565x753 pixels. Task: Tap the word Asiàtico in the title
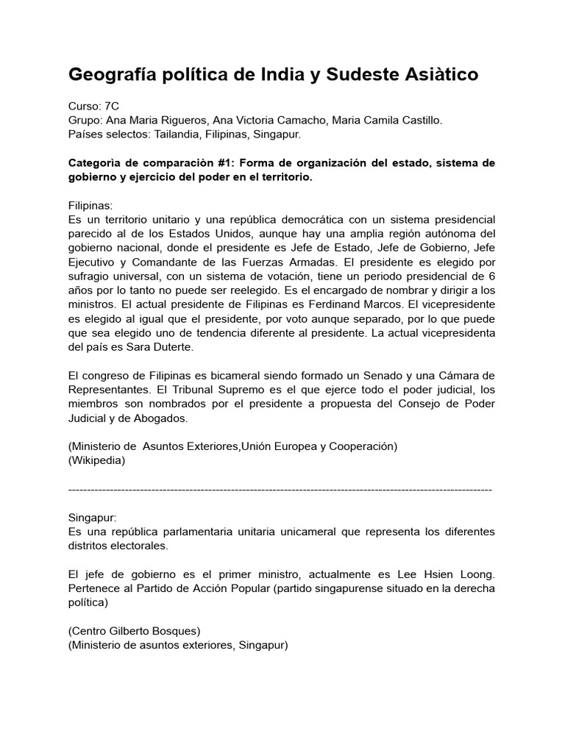438,74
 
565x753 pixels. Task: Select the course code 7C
110,107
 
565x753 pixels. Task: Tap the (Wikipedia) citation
96,460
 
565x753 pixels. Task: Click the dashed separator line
280,488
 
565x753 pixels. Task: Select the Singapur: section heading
92,518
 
